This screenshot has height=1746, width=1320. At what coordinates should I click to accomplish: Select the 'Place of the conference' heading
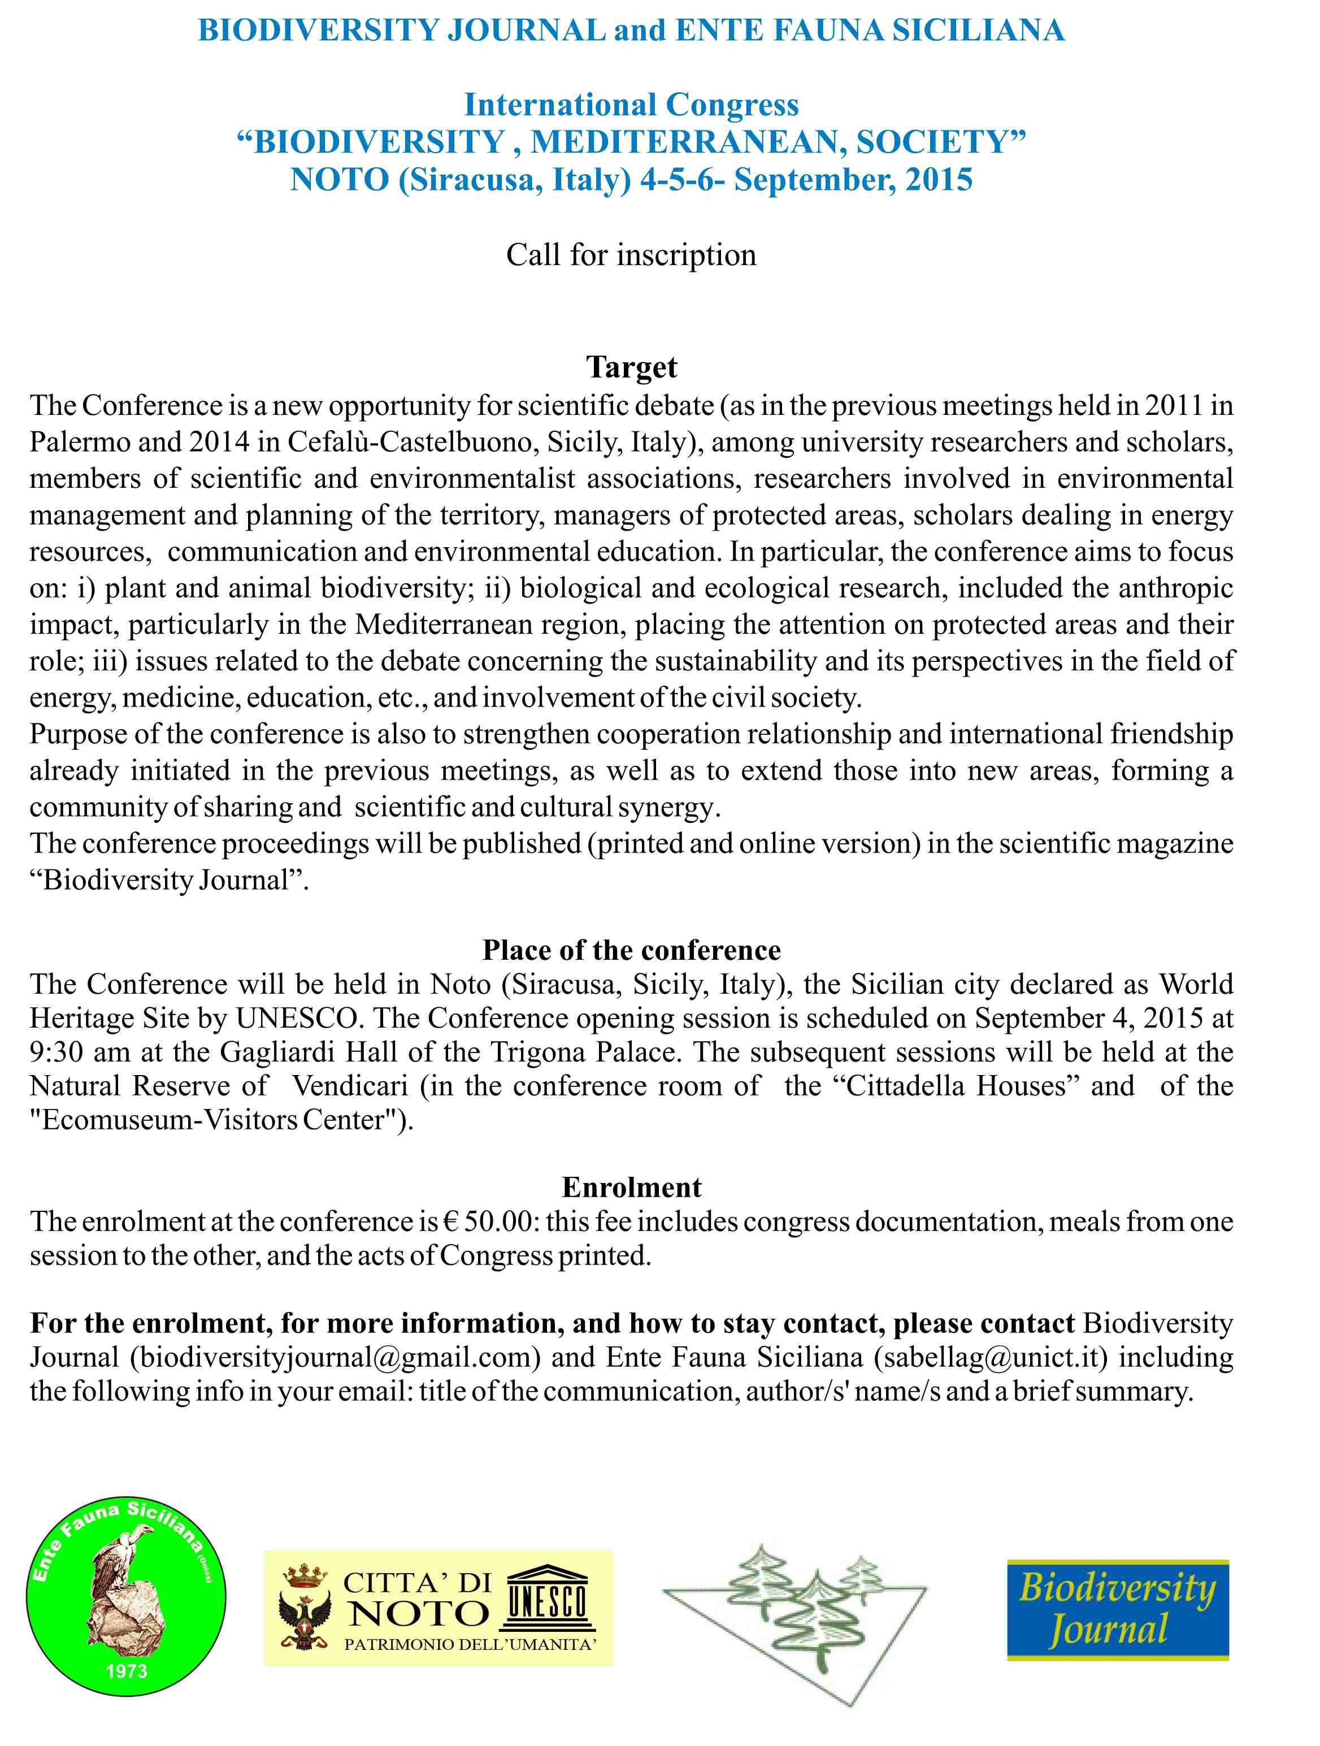[631, 950]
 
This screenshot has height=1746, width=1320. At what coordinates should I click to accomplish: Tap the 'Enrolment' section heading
[631, 1187]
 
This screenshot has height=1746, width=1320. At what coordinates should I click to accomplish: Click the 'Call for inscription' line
[631, 255]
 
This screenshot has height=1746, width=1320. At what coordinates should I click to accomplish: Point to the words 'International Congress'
[631, 105]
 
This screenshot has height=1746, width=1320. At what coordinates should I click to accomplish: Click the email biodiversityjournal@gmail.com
[335, 1357]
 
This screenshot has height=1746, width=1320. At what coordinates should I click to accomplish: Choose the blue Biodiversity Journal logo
[1117, 1609]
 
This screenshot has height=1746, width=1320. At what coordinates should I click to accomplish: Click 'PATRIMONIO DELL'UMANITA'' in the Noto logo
[470, 1645]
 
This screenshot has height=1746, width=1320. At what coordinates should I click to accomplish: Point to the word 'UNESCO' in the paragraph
[299, 1018]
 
